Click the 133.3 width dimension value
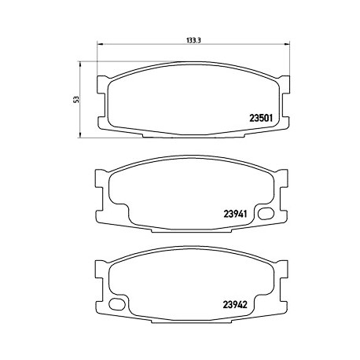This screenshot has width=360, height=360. point(193,40)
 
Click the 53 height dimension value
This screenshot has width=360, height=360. point(76,100)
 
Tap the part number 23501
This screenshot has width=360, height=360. point(261,118)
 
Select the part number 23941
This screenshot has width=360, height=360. point(235,214)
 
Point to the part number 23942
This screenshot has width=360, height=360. point(235,304)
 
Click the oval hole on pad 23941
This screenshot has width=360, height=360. point(266,214)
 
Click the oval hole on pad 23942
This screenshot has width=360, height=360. point(117,304)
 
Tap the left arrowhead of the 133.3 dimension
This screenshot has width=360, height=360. point(100,44)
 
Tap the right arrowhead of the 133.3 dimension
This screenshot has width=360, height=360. point(288,44)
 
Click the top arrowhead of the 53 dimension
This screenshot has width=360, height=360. point(79,64)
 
